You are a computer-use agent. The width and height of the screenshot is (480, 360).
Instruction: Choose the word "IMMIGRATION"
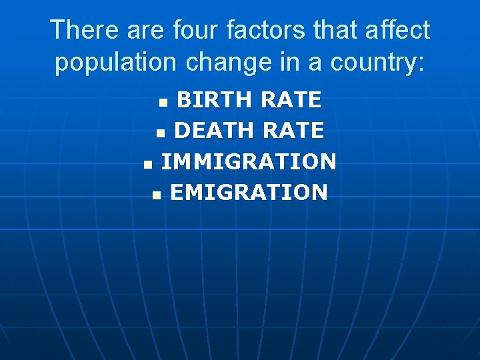[x=249, y=162]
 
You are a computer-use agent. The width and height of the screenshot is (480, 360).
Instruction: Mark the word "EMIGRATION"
[x=249, y=193]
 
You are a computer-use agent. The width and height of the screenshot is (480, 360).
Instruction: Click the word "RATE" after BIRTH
[x=291, y=100]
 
